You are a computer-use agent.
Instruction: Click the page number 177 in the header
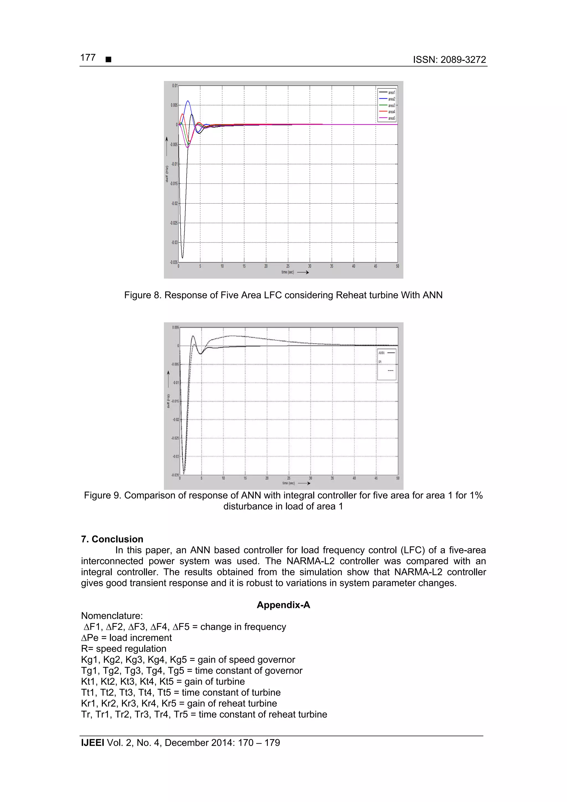point(88,58)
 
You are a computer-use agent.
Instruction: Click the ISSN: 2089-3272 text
point(449,60)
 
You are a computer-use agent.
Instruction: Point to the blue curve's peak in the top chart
point(188,101)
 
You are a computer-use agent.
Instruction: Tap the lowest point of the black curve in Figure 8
point(182,258)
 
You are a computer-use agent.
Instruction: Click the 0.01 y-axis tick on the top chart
point(174,86)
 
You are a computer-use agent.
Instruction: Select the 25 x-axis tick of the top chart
point(288,266)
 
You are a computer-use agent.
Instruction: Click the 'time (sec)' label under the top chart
point(288,272)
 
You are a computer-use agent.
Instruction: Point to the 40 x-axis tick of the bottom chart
point(354,478)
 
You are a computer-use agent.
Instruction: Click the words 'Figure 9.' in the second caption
point(102,495)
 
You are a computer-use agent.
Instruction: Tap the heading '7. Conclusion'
point(112,539)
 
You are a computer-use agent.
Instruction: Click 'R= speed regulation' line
point(124,649)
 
